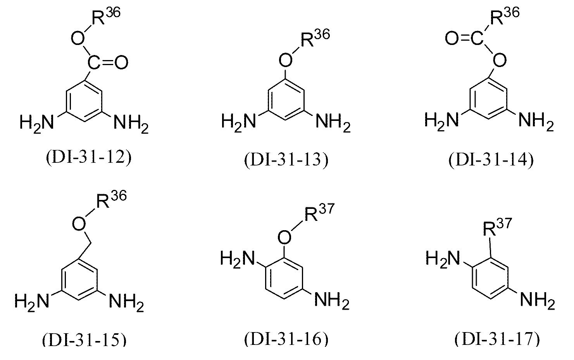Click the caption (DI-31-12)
pyautogui.click(x=89, y=158)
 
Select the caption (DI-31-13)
pyautogui.click(x=286, y=160)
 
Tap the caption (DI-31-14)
pyautogui.click(x=491, y=160)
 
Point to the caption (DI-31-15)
pyautogui.click(x=84, y=340)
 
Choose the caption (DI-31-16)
pyautogui.click(x=286, y=340)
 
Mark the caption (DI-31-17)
pyautogui.click(x=497, y=340)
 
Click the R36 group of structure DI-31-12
pyautogui.click(x=106, y=16)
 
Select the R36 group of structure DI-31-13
pyautogui.click(x=315, y=38)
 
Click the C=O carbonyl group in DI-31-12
pyautogui.click(x=108, y=62)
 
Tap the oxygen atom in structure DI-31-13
pyautogui.click(x=285, y=60)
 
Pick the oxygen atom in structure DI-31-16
pyautogui.click(x=284, y=237)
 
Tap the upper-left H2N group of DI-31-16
pyautogui.click(x=238, y=259)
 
